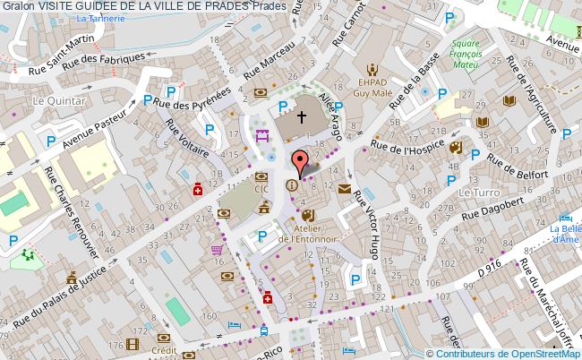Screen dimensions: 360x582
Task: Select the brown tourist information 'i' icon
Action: click(x=291, y=185)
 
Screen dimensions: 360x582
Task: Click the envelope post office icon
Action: click(x=345, y=188)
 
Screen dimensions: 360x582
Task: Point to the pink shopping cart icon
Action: click(x=217, y=251)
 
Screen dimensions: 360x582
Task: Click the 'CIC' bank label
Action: click(x=261, y=190)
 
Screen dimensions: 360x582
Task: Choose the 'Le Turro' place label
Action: click(x=478, y=193)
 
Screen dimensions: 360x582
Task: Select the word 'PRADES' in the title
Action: click(x=223, y=6)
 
